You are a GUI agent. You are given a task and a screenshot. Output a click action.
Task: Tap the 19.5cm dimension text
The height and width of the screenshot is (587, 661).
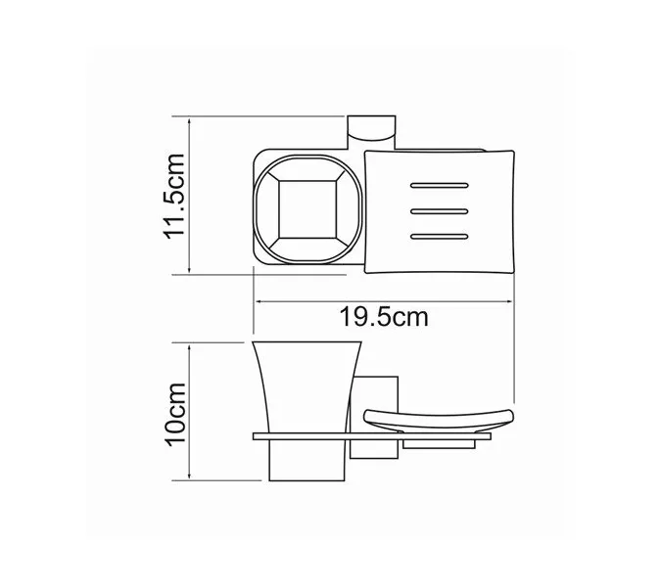point(384,317)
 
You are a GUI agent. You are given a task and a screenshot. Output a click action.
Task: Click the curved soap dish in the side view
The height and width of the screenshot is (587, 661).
point(438,419)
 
